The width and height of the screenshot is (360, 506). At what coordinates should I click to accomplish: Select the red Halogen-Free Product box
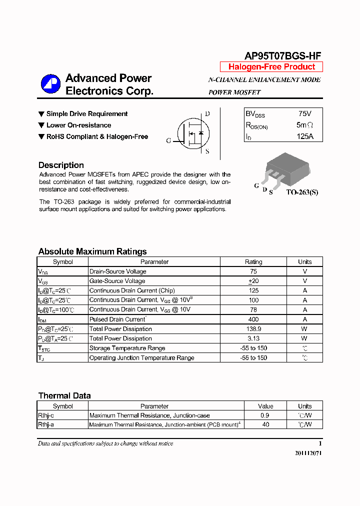(271, 67)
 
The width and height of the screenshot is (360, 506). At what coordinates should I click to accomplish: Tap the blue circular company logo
(50, 84)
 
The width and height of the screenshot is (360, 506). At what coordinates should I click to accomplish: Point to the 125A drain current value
(304, 136)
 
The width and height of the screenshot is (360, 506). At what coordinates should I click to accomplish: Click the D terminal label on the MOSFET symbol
(207, 113)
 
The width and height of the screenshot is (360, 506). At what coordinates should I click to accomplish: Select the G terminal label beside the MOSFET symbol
(168, 141)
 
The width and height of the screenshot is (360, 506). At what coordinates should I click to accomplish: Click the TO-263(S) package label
(302, 192)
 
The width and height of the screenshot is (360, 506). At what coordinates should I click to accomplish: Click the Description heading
(61, 165)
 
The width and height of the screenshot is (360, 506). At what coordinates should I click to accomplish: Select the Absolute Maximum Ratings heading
(92, 251)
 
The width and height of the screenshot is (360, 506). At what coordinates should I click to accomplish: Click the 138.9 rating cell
(253, 329)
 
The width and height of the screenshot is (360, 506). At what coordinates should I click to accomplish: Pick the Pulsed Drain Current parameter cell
(117, 319)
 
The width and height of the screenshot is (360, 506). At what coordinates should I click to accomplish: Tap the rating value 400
(253, 319)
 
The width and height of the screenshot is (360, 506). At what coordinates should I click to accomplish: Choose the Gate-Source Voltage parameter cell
(117, 281)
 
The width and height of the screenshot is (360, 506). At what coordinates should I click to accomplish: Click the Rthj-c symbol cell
(46, 415)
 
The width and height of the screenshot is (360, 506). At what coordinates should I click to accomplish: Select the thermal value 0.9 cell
(265, 415)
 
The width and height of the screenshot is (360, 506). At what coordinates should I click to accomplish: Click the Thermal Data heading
(64, 395)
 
